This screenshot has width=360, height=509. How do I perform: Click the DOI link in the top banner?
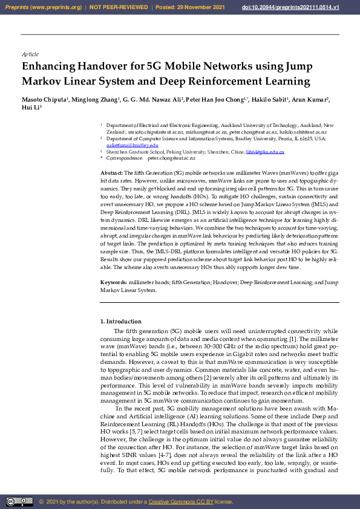[307, 7]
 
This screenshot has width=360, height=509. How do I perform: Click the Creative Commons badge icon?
[19, 501]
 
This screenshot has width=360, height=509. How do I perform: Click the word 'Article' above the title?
[30, 54]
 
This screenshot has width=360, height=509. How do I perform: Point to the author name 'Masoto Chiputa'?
[45, 100]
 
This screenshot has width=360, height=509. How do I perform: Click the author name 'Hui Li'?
[29, 108]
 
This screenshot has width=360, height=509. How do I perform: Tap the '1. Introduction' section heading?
[120, 322]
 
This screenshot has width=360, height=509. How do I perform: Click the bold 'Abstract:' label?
[112, 173]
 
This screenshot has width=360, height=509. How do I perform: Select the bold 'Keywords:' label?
[114, 283]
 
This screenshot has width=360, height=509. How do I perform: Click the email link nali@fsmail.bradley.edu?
[132, 145]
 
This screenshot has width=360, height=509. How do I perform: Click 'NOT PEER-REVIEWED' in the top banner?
[119, 7]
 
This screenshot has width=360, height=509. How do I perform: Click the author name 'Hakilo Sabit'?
[270, 100]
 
